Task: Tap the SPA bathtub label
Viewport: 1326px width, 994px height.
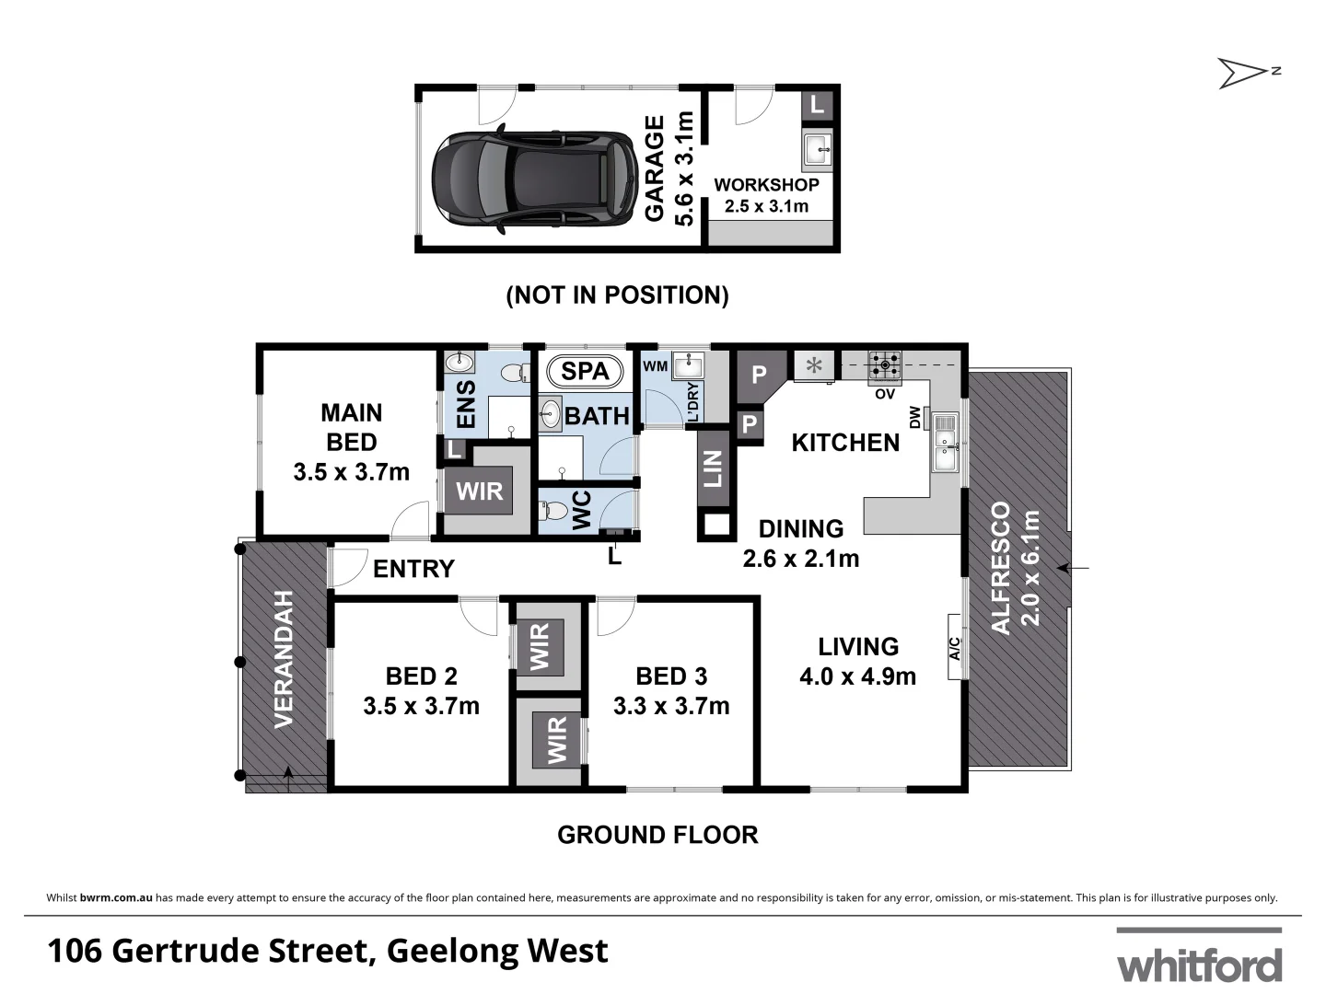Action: pyautogui.click(x=585, y=371)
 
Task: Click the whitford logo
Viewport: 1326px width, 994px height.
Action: pyautogui.click(x=1199, y=957)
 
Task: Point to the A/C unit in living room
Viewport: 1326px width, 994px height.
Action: pyautogui.click(x=954, y=648)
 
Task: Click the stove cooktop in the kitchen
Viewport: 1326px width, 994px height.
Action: pyautogui.click(x=886, y=364)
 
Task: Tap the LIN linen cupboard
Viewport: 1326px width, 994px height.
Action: pyautogui.click(x=714, y=468)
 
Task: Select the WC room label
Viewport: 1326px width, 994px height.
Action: pyautogui.click(x=582, y=511)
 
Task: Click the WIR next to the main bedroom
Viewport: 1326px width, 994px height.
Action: pyautogui.click(x=479, y=491)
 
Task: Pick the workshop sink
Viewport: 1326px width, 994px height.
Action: pyautogui.click(x=818, y=149)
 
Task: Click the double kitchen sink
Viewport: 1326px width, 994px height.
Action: pyautogui.click(x=945, y=443)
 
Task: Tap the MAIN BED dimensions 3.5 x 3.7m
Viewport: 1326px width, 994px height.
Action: pyautogui.click(x=351, y=472)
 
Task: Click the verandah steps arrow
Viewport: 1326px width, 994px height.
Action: pyautogui.click(x=288, y=779)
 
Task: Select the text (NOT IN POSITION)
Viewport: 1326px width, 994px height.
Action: pyautogui.click(x=617, y=295)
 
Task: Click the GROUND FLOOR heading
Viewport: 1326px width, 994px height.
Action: pyautogui.click(x=657, y=835)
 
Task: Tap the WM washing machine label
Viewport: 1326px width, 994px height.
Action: pyautogui.click(x=655, y=366)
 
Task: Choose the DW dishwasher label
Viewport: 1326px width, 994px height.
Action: pyautogui.click(x=915, y=419)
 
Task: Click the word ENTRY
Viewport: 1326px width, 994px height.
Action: pyautogui.click(x=413, y=569)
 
